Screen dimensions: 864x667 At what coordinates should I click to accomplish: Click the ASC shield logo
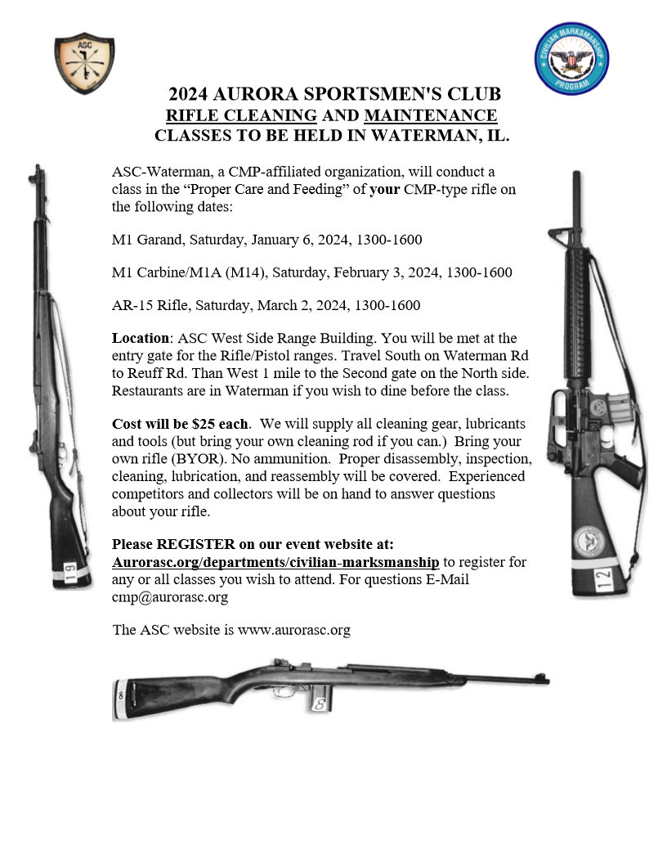83,65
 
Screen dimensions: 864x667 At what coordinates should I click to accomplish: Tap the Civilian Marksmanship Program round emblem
572,59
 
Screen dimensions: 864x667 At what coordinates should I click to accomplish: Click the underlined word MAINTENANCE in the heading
430,115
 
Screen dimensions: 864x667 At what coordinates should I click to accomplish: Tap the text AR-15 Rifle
145,305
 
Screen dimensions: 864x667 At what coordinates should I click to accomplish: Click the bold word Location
139,338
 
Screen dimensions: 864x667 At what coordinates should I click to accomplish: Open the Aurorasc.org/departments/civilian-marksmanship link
275,561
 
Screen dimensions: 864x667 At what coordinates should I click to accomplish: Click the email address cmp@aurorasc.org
170,596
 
